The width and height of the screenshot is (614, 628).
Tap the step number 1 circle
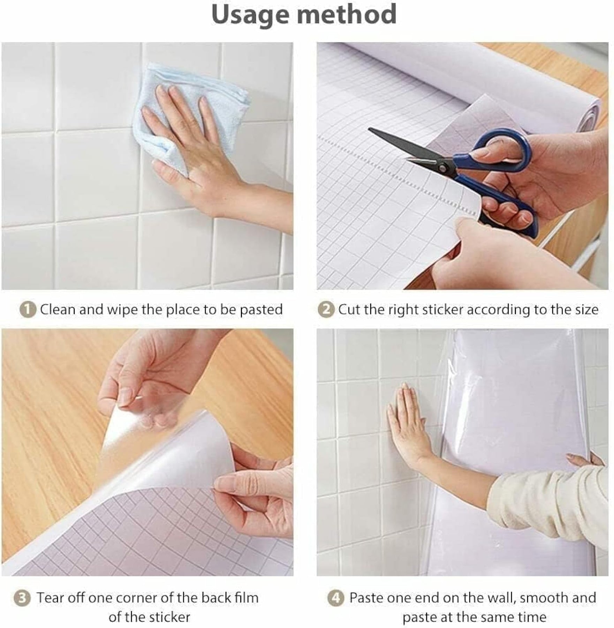(28, 310)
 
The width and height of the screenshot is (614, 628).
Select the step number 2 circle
(326, 310)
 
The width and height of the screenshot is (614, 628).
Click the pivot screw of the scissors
(444, 169)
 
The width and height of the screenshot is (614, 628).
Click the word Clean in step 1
(58, 309)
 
